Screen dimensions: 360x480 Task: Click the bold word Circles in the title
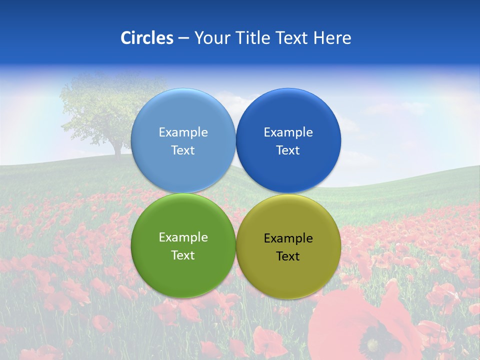[x=147, y=38]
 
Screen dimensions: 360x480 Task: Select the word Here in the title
[x=332, y=38]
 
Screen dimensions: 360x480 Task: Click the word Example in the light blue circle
[x=183, y=132]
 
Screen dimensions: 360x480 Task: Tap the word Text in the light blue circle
[x=183, y=150]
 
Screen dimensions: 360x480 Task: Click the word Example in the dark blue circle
[x=288, y=132]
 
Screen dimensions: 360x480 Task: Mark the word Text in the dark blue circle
[x=288, y=150]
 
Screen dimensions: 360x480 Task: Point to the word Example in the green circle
[x=183, y=237]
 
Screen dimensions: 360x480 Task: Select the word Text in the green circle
[x=183, y=255]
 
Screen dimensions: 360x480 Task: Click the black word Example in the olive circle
[x=288, y=238]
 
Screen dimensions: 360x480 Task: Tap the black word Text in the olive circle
[x=288, y=256]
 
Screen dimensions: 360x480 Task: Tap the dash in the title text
[x=183, y=38]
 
